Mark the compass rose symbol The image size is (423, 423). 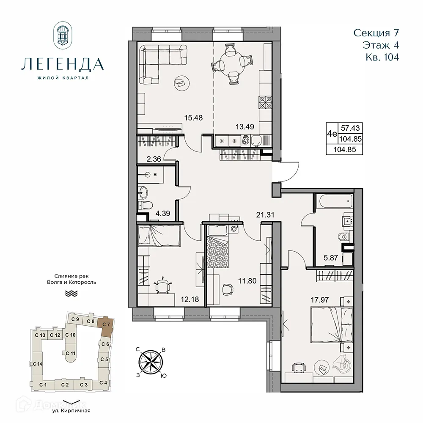click(151, 361)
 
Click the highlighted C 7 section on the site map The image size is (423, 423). click(106, 327)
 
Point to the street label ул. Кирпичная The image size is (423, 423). click(72, 410)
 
